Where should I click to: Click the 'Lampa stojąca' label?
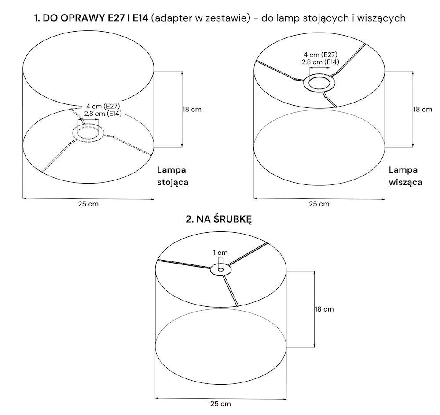click(x=172, y=176)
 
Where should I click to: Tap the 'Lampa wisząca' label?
click(x=406, y=176)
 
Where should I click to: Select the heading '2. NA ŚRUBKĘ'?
click(x=219, y=219)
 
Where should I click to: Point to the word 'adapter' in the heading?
click(x=171, y=18)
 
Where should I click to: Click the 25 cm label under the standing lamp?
click(x=88, y=204)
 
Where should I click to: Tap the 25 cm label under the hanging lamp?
click(x=319, y=204)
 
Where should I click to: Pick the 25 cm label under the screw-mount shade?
click(x=220, y=404)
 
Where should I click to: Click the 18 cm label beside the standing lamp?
click(x=192, y=110)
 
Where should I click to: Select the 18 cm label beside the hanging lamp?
click(x=422, y=110)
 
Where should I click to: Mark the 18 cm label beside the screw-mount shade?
click(x=324, y=309)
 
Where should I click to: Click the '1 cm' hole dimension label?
click(x=220, y=253)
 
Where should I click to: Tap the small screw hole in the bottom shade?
click(x=220, y=270)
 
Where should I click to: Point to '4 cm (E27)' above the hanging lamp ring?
click(x=320, y=55)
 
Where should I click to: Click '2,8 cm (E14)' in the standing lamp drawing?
click(x=103, y=114)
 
